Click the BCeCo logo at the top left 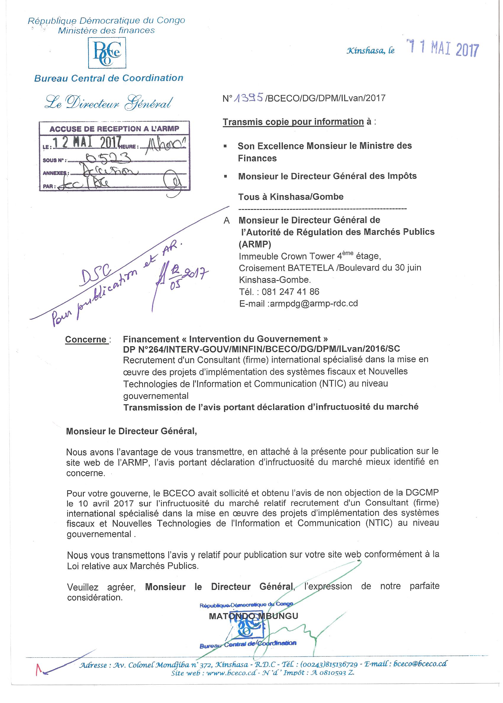pyautogui.click(x=107, y=53)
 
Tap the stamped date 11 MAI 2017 pyautogui.click(x=443, y=49)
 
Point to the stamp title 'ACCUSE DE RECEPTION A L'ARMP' pyautogui.click(x=114, y=129)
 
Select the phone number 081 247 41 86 pyautogui.click(x=290, y=292)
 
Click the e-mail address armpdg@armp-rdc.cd pyautogui.click(x=314, y=303)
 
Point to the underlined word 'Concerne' pyautogui.click(x=86, y=340)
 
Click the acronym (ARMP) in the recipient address pyautogui.click(x=254, y=244)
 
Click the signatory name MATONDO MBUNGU pyautogui.click(x=253, y=615)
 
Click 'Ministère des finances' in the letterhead pyautogui.click(x=106, y=30)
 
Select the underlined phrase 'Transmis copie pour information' pyautogui.click(x=293, y=122)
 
